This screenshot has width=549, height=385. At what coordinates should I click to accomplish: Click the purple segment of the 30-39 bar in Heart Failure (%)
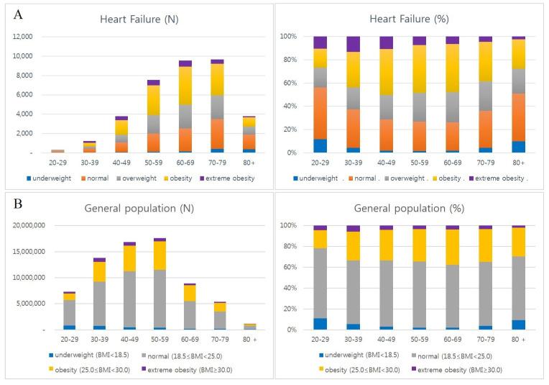pyautogui.click(x=353, y=44)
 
